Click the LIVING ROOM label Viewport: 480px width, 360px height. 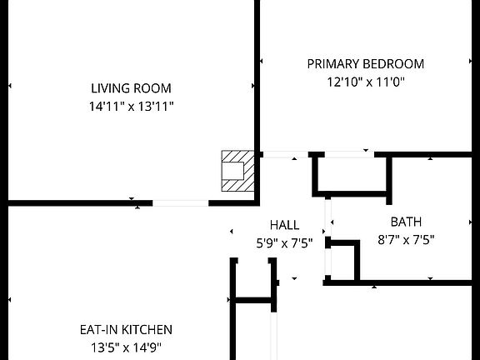click(131, 88)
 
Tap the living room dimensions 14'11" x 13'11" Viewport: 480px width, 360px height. click(132, 107)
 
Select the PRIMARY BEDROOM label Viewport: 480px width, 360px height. click(366, 64)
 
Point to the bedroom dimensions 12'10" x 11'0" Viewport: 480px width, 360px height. click(366, 82)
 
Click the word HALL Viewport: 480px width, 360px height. click(285, 225)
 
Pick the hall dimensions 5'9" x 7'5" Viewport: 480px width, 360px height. click(284, 243)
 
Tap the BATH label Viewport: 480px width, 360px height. click(406, 222)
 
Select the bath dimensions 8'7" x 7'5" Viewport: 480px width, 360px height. click(406, 240)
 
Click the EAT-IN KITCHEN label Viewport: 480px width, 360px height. click(126, 330)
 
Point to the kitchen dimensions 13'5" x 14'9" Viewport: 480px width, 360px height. click(126, 347)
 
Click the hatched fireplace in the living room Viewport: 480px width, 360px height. click(237, 171)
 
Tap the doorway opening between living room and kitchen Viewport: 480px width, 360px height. click(181, 203)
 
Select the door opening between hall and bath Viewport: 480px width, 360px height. click(327, 218)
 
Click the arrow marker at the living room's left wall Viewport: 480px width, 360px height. click(10, 86)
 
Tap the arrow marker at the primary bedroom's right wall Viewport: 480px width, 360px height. click(470, 61)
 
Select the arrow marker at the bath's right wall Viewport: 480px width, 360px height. click(470, 222)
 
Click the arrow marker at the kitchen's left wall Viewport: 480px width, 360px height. click(10, 300)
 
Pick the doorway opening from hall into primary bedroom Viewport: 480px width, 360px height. click(286, 155)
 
